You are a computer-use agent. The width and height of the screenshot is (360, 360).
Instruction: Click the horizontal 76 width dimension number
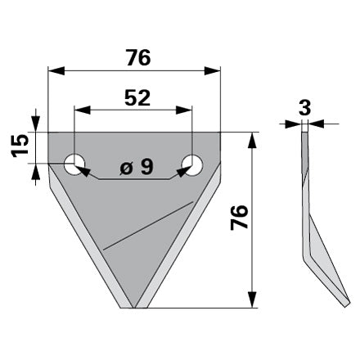[138, 57]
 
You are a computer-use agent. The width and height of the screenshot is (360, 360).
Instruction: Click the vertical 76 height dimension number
[239, 218]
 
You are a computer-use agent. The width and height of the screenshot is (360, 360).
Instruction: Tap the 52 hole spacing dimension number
[137, 98]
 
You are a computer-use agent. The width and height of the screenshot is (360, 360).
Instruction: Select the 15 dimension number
[20, 146]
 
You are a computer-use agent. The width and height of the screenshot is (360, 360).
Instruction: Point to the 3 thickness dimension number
[304, 108]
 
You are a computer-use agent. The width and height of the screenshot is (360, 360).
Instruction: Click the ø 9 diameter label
[137, 167]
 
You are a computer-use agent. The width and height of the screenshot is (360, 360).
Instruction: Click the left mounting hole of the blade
[74, 164]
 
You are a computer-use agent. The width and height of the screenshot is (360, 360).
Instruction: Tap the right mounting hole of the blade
[192, 165]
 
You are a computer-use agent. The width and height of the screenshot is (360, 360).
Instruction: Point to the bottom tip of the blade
[134, 308]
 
